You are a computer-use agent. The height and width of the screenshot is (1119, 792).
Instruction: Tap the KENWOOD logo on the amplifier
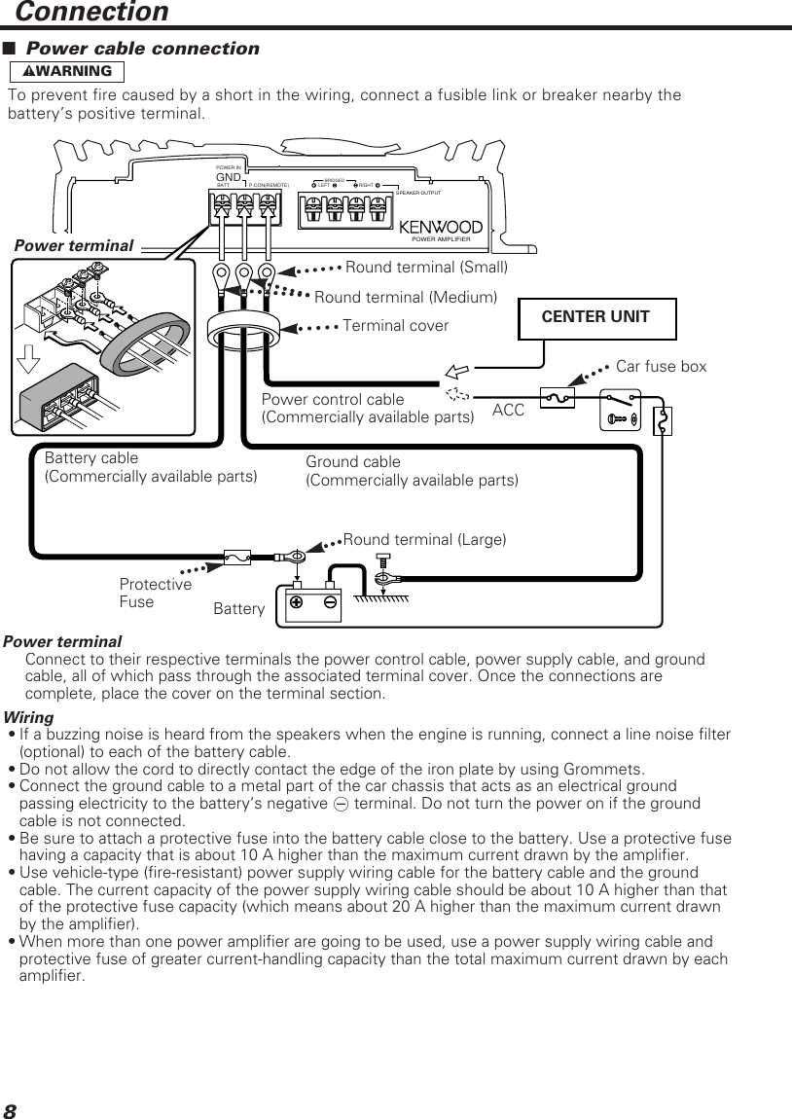click(441, 227)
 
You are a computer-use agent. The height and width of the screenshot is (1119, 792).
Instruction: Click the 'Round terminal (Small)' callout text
click(426, 267)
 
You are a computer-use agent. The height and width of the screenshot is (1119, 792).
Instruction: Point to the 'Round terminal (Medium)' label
click(405, 296)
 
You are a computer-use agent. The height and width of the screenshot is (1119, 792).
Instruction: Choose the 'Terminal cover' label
click(395, 326)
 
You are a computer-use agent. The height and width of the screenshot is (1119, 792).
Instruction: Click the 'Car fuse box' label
click(661, 367)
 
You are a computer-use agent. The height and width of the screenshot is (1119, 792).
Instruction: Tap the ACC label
click(508, 411)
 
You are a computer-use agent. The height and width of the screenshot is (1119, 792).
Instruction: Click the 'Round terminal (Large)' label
click(424, 539)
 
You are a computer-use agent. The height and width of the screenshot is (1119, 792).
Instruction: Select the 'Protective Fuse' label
click(155, 593)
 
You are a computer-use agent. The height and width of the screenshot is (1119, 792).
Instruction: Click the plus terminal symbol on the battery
click(296, 601)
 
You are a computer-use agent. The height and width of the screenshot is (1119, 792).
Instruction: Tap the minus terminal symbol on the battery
click(330, 601)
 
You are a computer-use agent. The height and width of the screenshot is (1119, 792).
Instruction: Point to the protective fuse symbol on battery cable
click(236, 558)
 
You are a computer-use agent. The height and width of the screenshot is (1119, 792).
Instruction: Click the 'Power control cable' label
click(333, 400)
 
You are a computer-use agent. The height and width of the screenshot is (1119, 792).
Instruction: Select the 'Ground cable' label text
click(353, 461)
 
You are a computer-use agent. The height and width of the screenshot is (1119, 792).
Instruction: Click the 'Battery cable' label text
click(91, 457)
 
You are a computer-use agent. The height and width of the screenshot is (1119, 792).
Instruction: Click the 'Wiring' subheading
click(29, 717)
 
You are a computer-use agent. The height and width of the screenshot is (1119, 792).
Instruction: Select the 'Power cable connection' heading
click(142, 49)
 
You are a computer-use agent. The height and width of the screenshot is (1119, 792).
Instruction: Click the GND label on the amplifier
click(228, 177)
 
